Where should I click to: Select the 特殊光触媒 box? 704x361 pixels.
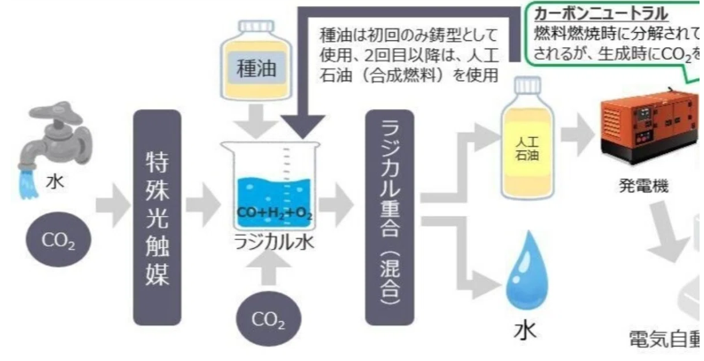(x=157, y=217)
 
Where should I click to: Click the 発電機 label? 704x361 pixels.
(x=643, y=188)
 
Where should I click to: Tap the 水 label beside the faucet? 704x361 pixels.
(x=56, y=181)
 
